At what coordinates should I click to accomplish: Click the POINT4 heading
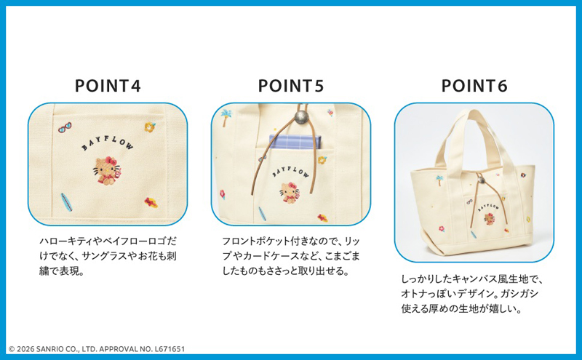pyautogui.click(x=108, y=86)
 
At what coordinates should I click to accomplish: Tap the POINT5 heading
pyautogui.click(x=291, y=86)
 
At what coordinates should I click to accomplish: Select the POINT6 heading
pyautogui.click(x=474, y=86)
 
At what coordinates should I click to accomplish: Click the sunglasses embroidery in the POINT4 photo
pyautogui.click(x=65, y=128)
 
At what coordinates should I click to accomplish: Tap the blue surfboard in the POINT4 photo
pyautogui.click(x=66, y=202)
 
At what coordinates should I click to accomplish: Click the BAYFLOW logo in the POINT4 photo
pyautogui.click(x=107, y=143)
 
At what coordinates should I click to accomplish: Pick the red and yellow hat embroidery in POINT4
pyautogui.click(x=151, y=202)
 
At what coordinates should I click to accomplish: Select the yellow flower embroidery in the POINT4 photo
pyautogui.click(x=150, y=127)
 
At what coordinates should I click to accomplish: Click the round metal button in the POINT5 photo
pyautogui.click(x=301, y=116)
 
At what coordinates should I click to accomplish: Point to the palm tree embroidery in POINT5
pyautogui.click(x=226, y=117)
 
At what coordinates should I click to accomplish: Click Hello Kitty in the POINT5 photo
pyautogui.click(x=290, y=193)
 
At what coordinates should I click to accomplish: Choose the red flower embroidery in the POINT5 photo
pyautogui.click(x=223, y=194)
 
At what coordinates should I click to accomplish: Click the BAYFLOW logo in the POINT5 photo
pyautogui.click(x=290, y=172)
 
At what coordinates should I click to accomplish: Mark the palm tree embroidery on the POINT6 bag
pyautogui.click(x=440, y=180)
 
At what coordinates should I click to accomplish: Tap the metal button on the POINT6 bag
pyautogui.click(x=482, y=180)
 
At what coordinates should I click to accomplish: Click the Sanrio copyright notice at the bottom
pyautogui.click(x=97, y=349)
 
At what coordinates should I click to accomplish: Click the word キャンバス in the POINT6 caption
pyautogui.click(x=477, y=279)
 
